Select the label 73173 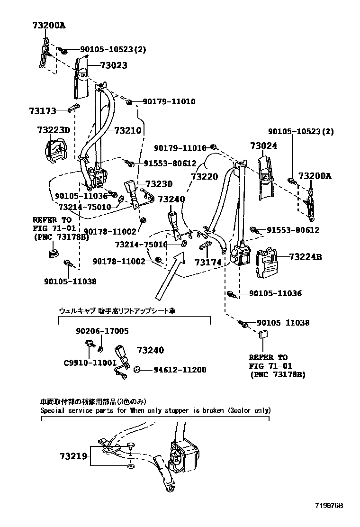click(x=42, y=111)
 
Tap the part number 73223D click(x=53, y=130)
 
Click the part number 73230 click(x=159, y=184)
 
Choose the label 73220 click(x=204, y=176)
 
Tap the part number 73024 click(x=263, y=146)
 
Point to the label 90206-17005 click(x=102, y=331)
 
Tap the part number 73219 click(x=73, y=456)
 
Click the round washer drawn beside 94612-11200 click(x=136, y=370)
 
